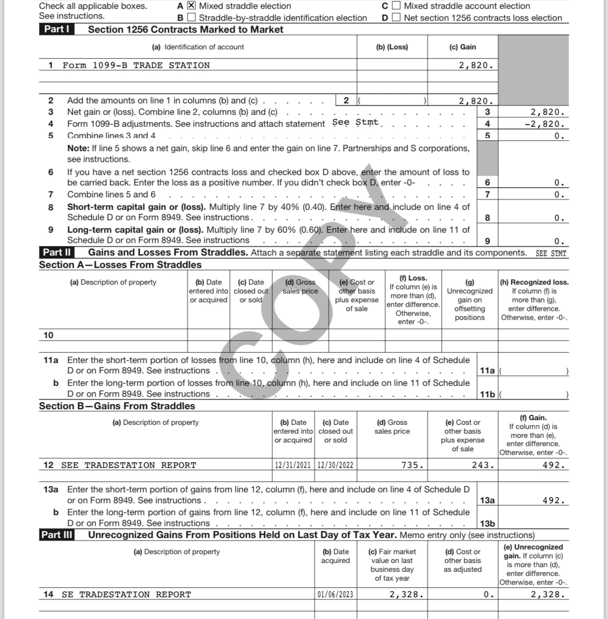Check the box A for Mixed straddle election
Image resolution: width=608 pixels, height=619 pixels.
click(x=191, y=6)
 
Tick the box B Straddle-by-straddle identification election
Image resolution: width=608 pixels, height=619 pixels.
click(x=191, y=18)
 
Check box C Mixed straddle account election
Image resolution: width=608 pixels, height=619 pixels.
click(x=396, y=6)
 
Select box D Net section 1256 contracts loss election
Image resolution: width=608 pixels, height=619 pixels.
click(x=396, y=18)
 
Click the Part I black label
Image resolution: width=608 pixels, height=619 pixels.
click(x=57, y=29)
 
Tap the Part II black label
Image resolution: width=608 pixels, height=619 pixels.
click(x=57, y=253)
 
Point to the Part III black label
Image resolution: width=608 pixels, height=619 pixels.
click(x=57, y=535)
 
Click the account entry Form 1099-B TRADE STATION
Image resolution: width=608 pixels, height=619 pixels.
click(x=136, y=65)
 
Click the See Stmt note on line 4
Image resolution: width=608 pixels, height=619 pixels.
click(x=355, y=123)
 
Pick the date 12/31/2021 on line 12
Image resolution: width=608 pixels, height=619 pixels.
click(x=294, y=465)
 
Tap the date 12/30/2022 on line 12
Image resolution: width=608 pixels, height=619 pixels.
click(x=336, y=465)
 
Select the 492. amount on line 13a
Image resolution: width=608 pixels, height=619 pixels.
click(x=553, y=501)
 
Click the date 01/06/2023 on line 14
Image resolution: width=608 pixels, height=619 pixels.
click(x=336, y=595)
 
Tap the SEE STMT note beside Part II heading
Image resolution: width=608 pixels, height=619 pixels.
click(x=551, y=253)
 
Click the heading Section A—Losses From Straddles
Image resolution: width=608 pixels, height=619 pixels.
click(x=120, y=265)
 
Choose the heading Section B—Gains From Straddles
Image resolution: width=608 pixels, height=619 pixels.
click(x=117, y=406)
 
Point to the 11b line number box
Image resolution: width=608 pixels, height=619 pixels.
click(x=487, y=395)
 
